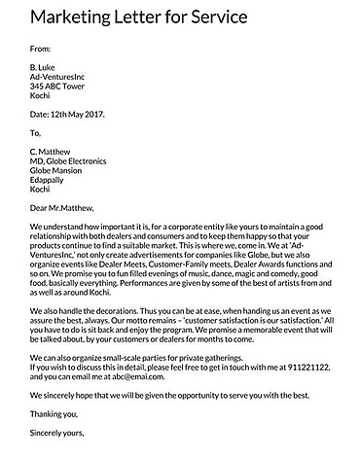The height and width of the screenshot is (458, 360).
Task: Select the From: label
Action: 41,46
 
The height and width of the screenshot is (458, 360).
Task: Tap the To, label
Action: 36,132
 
